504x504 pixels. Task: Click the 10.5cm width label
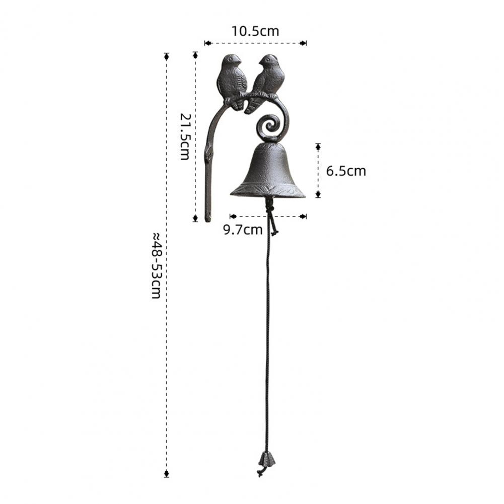tap(255, 31)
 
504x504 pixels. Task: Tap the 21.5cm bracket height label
tap(185, 137)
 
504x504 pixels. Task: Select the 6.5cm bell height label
tap(346, 171)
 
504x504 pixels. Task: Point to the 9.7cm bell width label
tap(243, 230)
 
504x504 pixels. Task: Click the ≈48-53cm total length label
tap(157, 265)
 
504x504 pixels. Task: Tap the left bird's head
tap(232, 60)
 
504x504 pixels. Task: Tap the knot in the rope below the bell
tap(269, 208)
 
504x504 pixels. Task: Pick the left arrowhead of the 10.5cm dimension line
tap(207, 43)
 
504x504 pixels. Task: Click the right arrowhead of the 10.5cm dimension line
tap(303, 43)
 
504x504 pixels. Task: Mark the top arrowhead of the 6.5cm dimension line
tap(318, 147)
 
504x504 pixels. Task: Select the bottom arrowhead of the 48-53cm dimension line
tap(167, 473)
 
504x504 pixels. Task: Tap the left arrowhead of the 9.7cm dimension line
tap(233, 217)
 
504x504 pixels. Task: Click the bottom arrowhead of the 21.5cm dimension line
tap(195, 218)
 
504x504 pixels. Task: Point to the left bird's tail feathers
tap(238, 105)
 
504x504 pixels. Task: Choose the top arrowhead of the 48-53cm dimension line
tap(167, 56)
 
